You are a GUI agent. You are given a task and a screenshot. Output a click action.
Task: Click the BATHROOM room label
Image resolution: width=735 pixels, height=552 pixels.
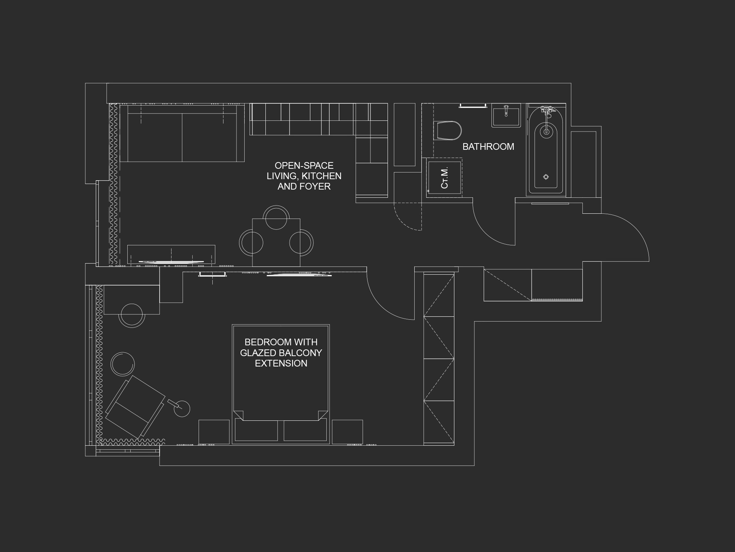[488, 146]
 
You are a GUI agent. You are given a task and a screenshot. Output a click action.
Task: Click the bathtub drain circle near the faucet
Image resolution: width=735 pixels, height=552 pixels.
[546, 131]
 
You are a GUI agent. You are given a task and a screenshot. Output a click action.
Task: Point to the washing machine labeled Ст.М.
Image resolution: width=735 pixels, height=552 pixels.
[444, 178]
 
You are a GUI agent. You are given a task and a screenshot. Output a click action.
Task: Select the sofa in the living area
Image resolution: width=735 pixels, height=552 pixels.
[182, 133]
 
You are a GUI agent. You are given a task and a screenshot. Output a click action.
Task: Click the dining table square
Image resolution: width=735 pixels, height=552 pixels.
[276, 242]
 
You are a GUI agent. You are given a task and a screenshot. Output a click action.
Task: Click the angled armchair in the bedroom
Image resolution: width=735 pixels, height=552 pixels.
[135, 407]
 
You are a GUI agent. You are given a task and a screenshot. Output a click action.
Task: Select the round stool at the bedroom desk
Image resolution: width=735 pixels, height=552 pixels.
[132, 315]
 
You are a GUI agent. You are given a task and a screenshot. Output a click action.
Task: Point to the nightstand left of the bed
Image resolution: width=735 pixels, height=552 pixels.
[214, 432]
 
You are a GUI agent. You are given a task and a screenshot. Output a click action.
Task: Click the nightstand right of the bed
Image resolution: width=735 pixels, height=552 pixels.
[347, 432]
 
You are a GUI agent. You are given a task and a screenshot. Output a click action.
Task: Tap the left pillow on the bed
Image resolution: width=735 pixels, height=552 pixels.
[257, 430]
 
